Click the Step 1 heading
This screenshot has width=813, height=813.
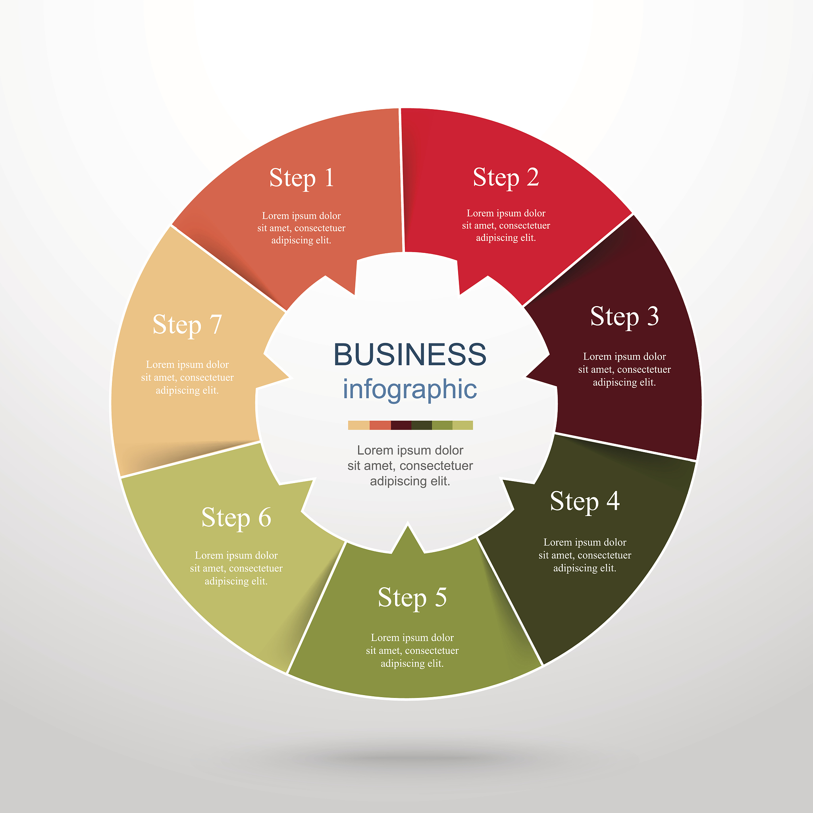coord(302,178)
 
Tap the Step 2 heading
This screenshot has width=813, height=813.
coord(506,177)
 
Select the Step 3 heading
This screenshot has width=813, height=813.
coord(624,316)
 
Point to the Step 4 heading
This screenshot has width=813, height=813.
coord(585,502)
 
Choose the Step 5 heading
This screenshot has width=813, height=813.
coord(412,597)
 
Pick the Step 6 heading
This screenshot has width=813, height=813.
coord(236,518)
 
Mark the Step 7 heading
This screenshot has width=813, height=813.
coord(187,325)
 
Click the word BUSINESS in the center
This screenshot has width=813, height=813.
coord(410,354)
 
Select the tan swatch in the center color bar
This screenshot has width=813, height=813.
coord(359,425)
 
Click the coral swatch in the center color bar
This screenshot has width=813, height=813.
coord(380,425)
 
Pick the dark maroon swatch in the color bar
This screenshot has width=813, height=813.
coord(401,425)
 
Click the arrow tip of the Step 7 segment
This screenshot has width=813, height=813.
coord(289,378)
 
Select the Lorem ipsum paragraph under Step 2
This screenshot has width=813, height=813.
coord(506,225)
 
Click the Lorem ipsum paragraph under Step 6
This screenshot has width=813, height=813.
coord(236,568)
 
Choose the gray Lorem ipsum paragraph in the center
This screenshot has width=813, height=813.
coord(410,465)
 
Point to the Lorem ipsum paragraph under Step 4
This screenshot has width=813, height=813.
coord(585,555)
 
